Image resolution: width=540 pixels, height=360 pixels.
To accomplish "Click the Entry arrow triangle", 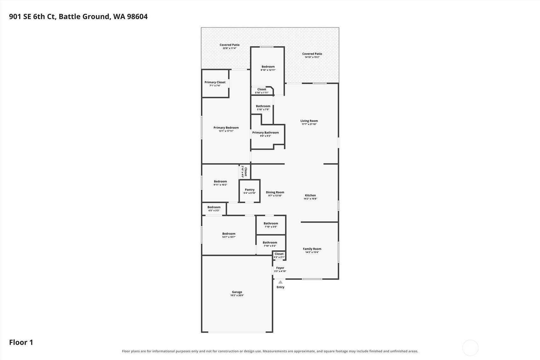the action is coord(281,282).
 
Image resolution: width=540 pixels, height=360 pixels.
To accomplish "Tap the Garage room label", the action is coord(237,292).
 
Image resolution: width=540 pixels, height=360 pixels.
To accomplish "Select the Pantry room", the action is coord(250,191).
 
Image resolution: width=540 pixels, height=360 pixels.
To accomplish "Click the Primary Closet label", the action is coord(215,82).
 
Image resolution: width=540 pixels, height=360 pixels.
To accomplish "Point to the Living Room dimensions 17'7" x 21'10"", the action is coord(309,124).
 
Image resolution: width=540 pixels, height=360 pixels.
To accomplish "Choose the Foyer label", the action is coord(280,268).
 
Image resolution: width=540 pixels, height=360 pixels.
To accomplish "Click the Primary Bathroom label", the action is coord(266,133).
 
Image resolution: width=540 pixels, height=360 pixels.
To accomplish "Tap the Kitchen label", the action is coord(310,195).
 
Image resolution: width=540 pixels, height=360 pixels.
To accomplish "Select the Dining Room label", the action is coord(275,192).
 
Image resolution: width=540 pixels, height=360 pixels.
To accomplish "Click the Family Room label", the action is coord(312,249).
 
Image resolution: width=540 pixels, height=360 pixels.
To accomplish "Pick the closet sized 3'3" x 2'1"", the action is coord(279,255).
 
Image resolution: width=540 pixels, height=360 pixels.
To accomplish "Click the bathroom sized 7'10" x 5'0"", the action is coord(271,225).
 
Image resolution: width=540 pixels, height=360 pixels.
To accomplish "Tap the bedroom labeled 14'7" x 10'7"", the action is coord(229,235).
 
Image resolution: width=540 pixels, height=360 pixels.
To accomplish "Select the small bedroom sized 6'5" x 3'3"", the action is coord(214,209).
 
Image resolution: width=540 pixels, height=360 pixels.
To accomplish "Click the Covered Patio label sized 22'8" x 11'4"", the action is coord(230,45).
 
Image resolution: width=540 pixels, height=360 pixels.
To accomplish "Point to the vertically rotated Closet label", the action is coord(246,172).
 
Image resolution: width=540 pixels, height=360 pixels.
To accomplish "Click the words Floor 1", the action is coord(21,342).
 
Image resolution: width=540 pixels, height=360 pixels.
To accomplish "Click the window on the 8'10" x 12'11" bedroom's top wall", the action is coord(266,47).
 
